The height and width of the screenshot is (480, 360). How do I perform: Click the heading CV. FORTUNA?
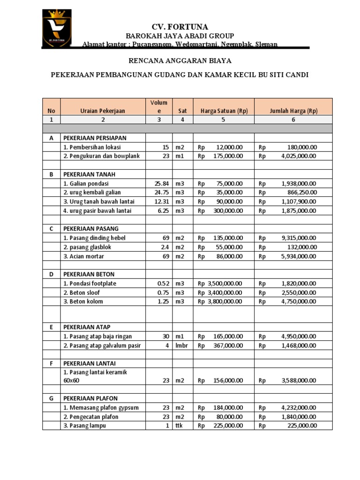point(180,27)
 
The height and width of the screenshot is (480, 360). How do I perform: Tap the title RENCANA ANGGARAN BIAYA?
point(180,60)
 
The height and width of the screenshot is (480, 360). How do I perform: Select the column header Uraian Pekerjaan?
point(103,111)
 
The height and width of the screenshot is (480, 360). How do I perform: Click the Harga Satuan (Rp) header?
point(224,111)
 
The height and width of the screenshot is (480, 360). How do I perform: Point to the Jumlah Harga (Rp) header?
point(293,111)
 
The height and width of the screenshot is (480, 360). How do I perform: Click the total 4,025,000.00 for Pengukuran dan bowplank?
point(299,156)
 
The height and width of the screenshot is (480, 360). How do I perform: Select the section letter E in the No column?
point(51,327)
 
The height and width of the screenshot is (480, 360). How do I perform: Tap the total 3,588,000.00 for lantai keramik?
point(299,381)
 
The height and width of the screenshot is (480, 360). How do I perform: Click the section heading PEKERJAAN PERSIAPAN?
point(95,138)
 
